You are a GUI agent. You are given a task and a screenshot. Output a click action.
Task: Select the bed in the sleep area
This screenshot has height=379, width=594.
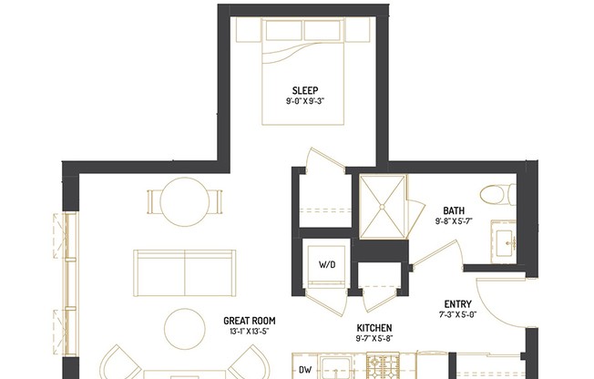[305, 73]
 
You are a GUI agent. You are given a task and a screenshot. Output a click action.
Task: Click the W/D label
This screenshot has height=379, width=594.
[325, 265]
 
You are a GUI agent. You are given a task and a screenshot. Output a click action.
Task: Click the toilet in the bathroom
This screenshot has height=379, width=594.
[497, 193]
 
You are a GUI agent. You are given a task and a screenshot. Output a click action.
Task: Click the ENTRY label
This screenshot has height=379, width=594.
[457, 304]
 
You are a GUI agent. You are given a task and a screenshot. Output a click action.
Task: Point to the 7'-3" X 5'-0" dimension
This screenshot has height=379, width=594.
[457, 315]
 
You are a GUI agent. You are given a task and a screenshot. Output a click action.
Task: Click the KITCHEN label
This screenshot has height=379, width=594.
[374, 327]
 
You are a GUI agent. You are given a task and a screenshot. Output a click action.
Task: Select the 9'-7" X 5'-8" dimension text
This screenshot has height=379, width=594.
[374, 338]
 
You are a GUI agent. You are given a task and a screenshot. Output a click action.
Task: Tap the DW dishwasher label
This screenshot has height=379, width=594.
[307, 371]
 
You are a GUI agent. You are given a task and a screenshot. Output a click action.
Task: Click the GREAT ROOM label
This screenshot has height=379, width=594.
[249, 321]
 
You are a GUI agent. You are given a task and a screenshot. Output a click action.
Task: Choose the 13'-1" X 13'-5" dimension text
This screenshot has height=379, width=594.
[249, 332]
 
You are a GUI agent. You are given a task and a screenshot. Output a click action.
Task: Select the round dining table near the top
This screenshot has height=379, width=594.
[185, 201]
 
